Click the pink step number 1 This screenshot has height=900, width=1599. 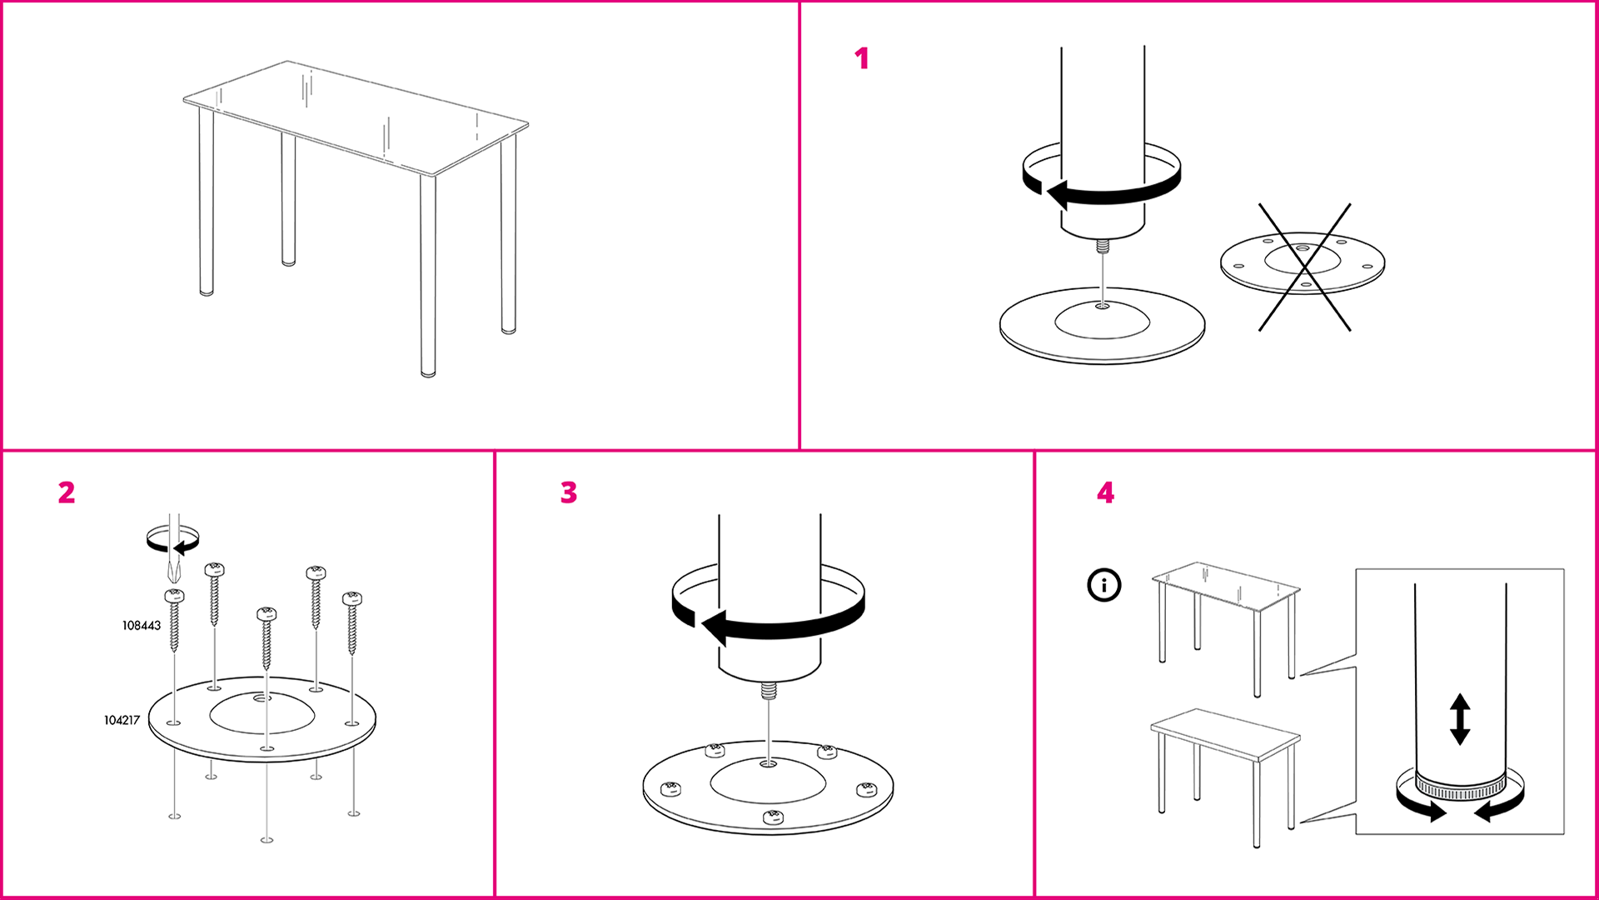tap(862, 58)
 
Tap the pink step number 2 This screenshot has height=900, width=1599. tap(67, 492)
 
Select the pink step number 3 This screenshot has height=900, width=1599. tap(569, 492)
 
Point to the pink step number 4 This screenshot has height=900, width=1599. tap(1105, 492)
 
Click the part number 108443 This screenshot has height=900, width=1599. tap(142, 626)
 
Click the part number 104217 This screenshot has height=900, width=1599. tap(122, 720)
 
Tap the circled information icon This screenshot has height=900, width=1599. tap(1104, 585)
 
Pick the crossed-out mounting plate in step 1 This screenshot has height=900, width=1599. tap(1303, 263)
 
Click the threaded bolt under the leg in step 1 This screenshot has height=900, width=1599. tap(1103, 247)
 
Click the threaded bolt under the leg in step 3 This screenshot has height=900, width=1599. tap(770, 691)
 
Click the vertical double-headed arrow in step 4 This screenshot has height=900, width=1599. tap(1460, 718)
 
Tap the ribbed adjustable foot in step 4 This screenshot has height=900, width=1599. tap(1460, 788)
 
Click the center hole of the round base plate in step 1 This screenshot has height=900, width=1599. tap(1102, 307)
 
